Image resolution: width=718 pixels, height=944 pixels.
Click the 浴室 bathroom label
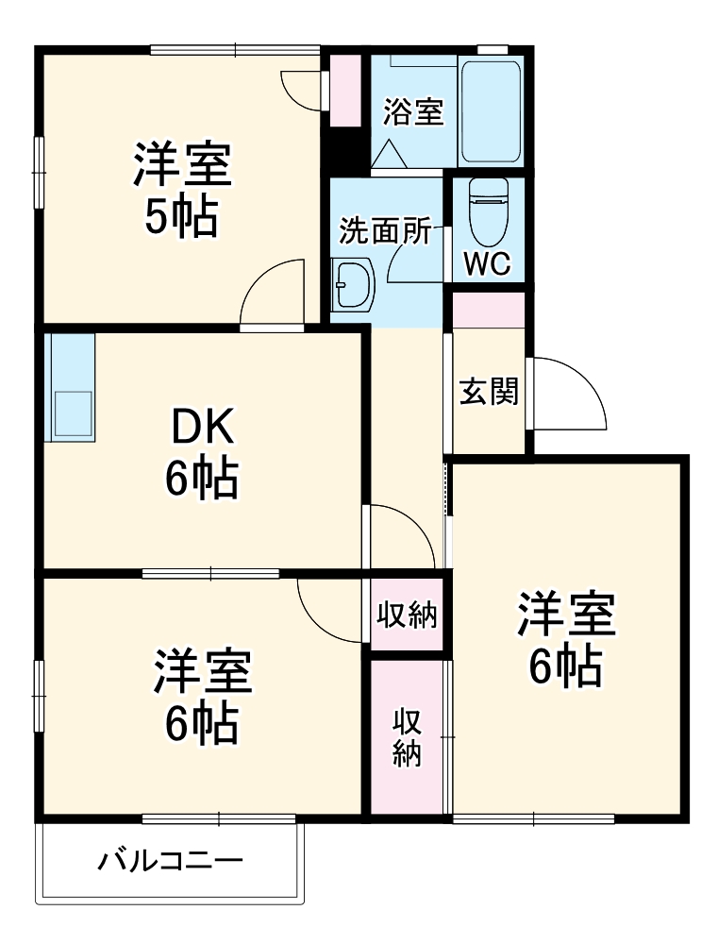(x=412, y=112)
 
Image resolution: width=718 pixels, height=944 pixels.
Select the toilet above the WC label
(x=488, y=209)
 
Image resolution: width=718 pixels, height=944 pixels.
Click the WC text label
(x=487, y=263)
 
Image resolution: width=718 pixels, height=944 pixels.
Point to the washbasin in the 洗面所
(x=355, y=283)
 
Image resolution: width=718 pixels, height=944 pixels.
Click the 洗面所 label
(x=385, y=231)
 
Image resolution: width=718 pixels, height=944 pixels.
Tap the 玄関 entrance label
(x=489, y=391)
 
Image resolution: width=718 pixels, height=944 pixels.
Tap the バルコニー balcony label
(x=171, y=861)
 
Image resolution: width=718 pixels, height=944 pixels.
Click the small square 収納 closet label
(x=407, y=615)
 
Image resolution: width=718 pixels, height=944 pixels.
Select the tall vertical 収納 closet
(x=407, y=737)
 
